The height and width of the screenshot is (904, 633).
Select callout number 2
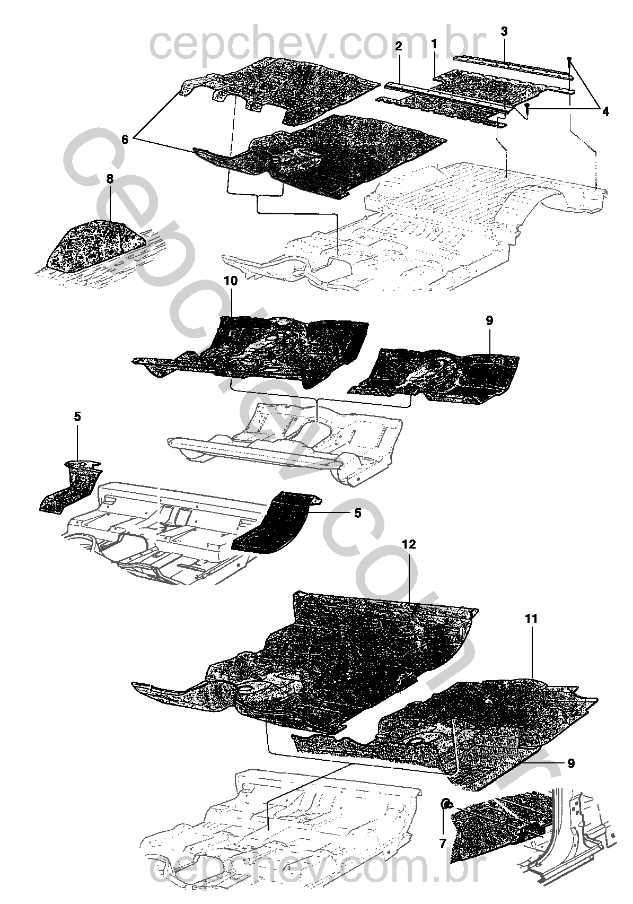pos(399,46)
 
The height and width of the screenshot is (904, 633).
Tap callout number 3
pos(504,31)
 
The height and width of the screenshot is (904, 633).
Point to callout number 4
pos(605,111)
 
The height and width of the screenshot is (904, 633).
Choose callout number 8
pos(110,179)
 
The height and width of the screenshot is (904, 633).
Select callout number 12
pos(408,544)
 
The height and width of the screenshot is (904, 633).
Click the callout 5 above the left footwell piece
pos(77,416)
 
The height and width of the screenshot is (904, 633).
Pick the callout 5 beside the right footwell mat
pos(358,514)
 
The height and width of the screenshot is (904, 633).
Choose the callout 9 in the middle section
pos(489,321)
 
